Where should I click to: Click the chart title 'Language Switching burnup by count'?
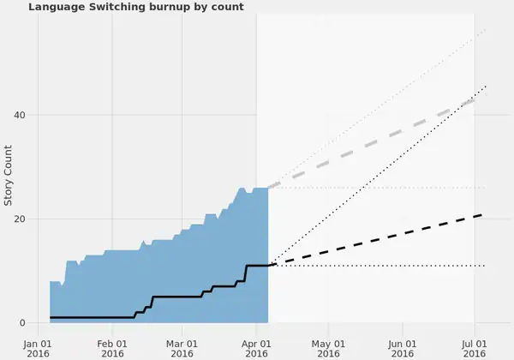[136, 7]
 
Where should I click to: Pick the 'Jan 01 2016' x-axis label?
[39, 347]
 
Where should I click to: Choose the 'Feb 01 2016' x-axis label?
[112, 347]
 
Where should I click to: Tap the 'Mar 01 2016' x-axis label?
[182, 347]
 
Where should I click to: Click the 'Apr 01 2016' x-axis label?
[256, 347]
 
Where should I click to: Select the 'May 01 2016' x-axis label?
[327, 347]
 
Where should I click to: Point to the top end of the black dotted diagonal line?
[486, 85]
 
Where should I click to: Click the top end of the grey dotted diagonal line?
[486, 29]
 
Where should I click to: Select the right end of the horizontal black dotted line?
[486, 266]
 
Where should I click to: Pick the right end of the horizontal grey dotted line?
[486, 188]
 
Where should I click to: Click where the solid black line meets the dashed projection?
[269, 266]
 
